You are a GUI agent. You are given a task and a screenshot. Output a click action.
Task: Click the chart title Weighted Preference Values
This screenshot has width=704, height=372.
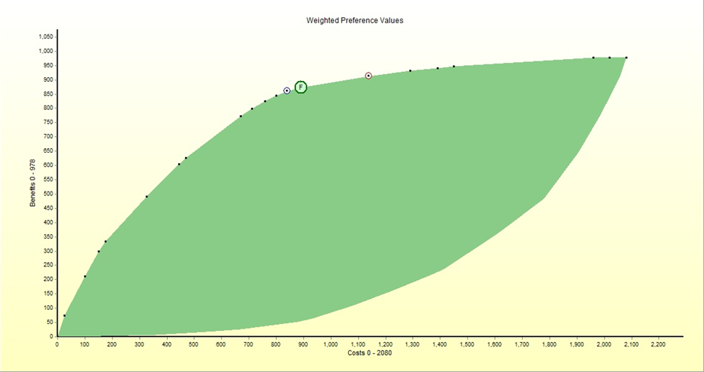click(x=354, y=20)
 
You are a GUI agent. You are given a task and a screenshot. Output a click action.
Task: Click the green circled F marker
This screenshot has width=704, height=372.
click(x=300, y=88)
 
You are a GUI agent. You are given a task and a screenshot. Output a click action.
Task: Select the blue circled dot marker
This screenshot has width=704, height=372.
click(x=287, y=91)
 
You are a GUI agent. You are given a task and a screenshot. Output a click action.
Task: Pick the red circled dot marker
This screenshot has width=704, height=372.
click(x=368, y=76)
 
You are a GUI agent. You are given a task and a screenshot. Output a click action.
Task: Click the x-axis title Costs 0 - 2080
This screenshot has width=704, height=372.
click(x=354, y=353)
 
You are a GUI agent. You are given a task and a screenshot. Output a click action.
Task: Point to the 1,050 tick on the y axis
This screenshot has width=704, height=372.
click(x=46, y=37)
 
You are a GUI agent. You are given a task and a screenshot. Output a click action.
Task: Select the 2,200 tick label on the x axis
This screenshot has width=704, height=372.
click(x=658, y=345)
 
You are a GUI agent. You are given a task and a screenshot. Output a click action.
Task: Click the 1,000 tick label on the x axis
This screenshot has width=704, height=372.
click(x=330, y=345)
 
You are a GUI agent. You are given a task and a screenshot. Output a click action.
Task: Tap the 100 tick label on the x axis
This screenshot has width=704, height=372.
click(x=85, y=345)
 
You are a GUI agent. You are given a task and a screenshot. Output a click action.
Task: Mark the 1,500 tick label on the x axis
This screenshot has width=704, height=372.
click(x=467, y=345)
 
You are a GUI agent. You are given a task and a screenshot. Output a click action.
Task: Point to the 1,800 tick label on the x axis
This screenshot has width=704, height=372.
click(x=549, y=345)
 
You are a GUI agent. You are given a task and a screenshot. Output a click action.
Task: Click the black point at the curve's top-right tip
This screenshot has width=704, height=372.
click(x=625, y=58)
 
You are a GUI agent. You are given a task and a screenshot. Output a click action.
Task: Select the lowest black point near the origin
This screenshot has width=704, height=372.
click(x=64, y=316)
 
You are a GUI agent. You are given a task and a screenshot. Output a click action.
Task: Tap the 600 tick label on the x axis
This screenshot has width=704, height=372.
click(x=221, y=345)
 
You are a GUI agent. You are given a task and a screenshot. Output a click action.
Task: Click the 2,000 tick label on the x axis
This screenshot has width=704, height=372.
click(x=604, y=345)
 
